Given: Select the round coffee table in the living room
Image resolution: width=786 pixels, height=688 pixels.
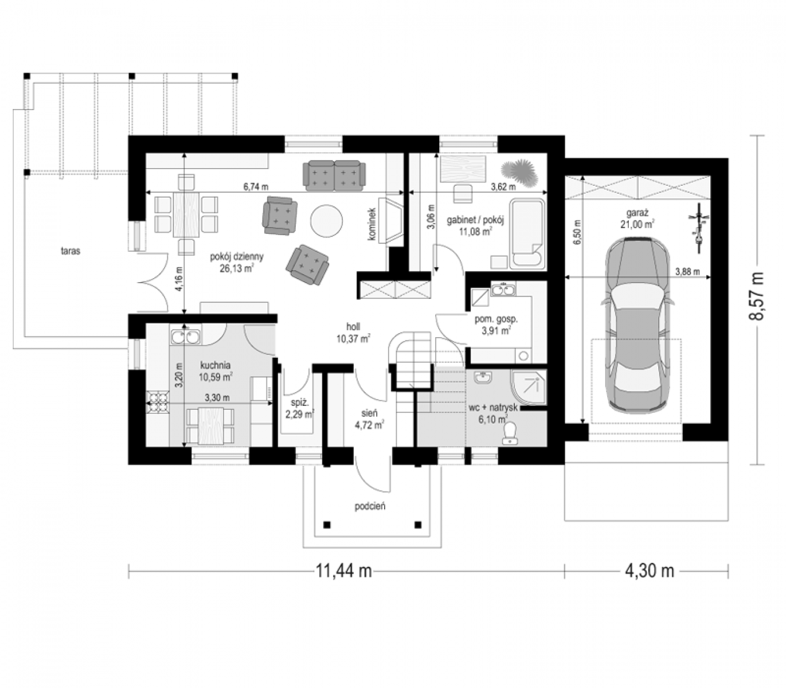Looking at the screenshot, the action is (327, 222).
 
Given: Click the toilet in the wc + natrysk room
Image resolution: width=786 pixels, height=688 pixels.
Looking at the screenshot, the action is (510, 433).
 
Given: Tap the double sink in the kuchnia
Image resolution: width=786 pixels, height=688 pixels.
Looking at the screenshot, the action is (185, 337).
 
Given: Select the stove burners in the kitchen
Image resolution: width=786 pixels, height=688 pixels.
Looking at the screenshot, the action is (158, 402).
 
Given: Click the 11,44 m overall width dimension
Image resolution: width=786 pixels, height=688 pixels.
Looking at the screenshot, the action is (343, 571).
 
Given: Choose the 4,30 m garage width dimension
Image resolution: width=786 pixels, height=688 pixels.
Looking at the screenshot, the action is (649, 571).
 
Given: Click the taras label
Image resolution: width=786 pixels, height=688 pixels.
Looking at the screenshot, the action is (71, 251).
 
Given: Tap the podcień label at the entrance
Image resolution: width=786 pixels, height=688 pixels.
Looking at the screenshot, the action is (370, 506).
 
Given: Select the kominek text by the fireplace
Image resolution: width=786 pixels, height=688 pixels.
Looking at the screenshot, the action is (372, 225).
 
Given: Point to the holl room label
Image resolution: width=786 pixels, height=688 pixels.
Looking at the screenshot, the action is (353, 327).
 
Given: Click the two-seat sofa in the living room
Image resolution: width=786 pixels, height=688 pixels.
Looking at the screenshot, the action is (334, 175).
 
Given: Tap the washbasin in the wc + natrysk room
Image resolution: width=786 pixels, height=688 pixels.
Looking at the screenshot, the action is (483, 378).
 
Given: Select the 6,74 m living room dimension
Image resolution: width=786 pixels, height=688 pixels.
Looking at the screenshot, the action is (256, 187).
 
